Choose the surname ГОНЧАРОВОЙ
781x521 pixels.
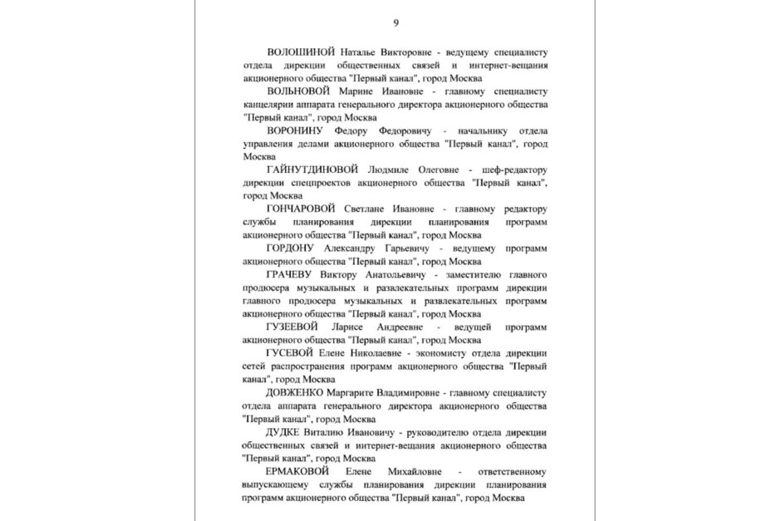[301, 208]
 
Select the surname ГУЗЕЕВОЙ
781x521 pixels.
[292, 327]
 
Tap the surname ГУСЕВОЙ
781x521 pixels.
[288, 353]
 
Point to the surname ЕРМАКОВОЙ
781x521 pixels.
[301, 471]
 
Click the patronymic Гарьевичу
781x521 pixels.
[407, 248]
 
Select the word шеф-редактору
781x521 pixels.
[514, 170]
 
